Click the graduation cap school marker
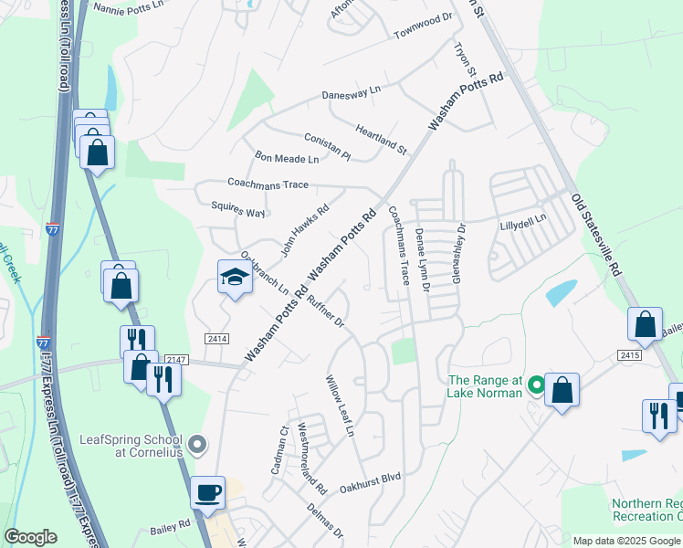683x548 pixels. pyautogui.click(x=235, y=276)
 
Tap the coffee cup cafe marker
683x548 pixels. pyautogui.click(x=207, y=492)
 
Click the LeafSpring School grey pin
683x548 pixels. pyautogui.click(x=199, y=445)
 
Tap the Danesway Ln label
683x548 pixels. pyautogui.click(x=351, y=94)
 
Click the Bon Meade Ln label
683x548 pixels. pyautogui.click(x=287, y=159)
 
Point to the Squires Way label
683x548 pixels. pyautogui.click(x=237, y=212)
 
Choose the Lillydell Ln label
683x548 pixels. pyautogui.click(x=522, y=219)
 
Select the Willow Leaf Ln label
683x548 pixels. pyautogui.click(x=341, y=405)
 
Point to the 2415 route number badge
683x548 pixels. pyautogui.click(x=629, y=354)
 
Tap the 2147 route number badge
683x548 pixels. pyautogui.click(x=176, y=361)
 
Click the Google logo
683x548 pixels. pyautogui.click(x=31, y=536)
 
